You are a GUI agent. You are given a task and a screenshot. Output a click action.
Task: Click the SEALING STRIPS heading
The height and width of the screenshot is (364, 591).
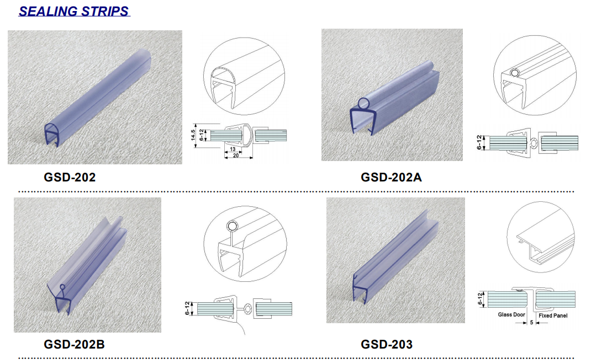pyautogui.click(x=74, y=11)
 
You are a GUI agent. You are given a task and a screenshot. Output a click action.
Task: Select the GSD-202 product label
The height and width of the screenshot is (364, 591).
pyautogui.click(x=70, y=177)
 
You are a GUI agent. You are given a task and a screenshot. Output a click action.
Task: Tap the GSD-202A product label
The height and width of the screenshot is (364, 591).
pyautogui.click(x=391, y=177)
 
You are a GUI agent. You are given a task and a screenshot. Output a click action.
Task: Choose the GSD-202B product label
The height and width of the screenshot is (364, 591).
pyautogui.click(x=74, y=344)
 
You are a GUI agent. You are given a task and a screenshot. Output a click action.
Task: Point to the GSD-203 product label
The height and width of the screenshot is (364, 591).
pyautogui.click(x=387, y=344)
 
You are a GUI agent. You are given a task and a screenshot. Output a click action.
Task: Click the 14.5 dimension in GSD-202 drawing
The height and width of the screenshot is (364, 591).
pyautogui.click(x=193, y=136)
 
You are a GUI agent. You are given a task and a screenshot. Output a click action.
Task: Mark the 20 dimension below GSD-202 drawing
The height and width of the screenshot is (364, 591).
pyautogui.click(x=235, y=156)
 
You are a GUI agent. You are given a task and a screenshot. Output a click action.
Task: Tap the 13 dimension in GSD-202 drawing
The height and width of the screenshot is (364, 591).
pyautogui.click(x=233, y=149)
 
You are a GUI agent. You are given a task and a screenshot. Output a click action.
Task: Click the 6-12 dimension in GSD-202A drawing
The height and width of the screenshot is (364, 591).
pyautogui.click(x=479, y=143)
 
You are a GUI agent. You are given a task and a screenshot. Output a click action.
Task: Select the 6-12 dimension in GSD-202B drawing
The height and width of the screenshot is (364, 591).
pyautogui.click(x=187, y=308)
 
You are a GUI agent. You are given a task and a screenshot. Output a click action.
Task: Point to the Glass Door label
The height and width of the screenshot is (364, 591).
pyautogui.click(x=511, y=315)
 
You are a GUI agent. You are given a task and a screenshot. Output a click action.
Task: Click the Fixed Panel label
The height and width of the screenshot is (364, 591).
pyautogui.click(x=553, y=316)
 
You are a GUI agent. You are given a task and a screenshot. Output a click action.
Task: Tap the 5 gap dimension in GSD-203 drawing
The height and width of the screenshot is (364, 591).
pyautogui.click(x=532, y=323)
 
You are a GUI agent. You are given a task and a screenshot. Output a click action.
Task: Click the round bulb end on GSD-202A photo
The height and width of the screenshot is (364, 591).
pyautogui.click(x=364, y=104)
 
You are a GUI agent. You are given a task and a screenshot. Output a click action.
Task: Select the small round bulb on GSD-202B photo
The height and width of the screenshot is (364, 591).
pyautogui.click(x=62, y=287)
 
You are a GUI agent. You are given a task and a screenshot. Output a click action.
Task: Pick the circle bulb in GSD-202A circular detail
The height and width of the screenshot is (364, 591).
pyautogui.click(x=515, y=73)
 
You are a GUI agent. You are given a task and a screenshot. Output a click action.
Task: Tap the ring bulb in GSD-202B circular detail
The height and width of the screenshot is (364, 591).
pyautogui.click(x=232, y=227)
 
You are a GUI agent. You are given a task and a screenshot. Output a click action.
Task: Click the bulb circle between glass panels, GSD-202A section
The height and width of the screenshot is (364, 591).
pyautogui.click(x=534, y=143)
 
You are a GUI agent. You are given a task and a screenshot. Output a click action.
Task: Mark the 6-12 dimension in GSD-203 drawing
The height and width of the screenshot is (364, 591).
pyautogui.click(x=480, y=299)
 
